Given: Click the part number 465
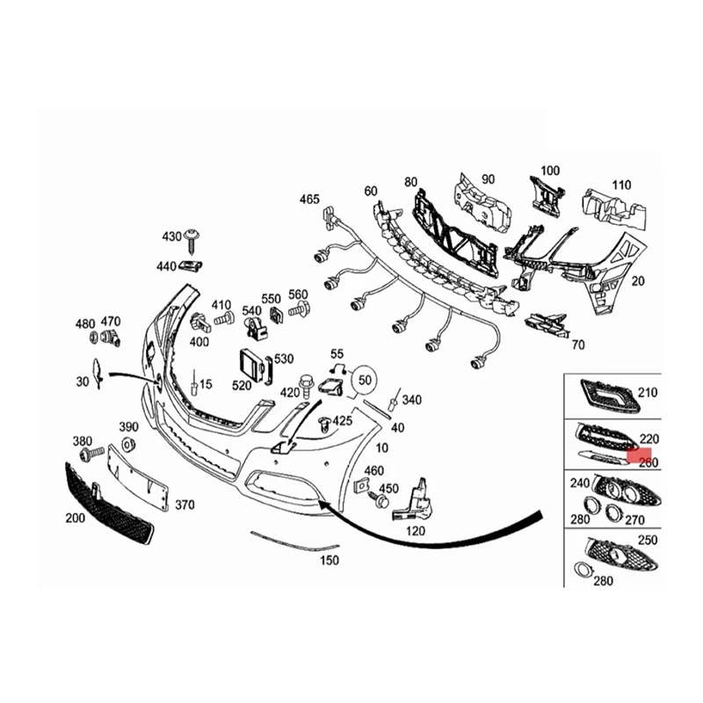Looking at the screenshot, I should (309, 199).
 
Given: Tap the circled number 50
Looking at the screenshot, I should (366, 380).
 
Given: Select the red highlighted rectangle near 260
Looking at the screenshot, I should (641, 454).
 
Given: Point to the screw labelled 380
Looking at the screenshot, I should (90, 455).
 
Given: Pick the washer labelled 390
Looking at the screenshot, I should (127, 442).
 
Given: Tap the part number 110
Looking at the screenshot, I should (621, 185).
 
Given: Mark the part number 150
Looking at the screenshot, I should (329, 560).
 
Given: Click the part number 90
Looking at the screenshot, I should (487, 179).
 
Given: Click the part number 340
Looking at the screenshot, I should (410, 401).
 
